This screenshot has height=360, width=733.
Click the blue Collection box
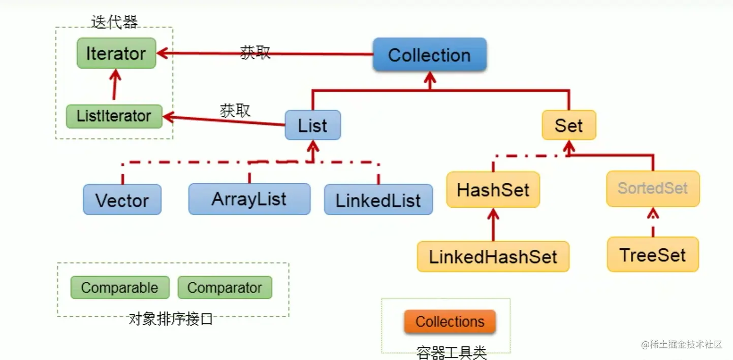click(429, 54)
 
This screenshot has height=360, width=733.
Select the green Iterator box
click(116, 53)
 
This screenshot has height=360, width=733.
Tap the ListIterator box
click(114, 116)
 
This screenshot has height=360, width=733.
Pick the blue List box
click(312, 125)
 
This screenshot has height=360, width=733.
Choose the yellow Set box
click(568, 125)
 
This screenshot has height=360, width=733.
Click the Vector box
click(122, 200)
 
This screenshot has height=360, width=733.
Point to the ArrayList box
click(249, 199)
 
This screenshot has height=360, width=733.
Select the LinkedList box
click(378, 200)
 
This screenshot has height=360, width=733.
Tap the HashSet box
click(493, 190)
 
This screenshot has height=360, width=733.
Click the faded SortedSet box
click(653, 188)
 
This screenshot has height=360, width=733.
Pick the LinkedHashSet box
click(493, 256)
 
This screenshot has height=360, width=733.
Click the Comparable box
click(119, 288)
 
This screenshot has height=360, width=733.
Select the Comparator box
click(225, 288)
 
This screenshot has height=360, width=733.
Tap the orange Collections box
click(450, 322)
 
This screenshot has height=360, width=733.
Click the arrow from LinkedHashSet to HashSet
click(493, 224)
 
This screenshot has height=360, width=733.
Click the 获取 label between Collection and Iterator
click(255, 52)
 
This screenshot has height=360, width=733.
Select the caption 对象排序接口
click(171, 319)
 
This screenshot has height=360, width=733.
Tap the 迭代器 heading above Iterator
click(114, 22)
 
